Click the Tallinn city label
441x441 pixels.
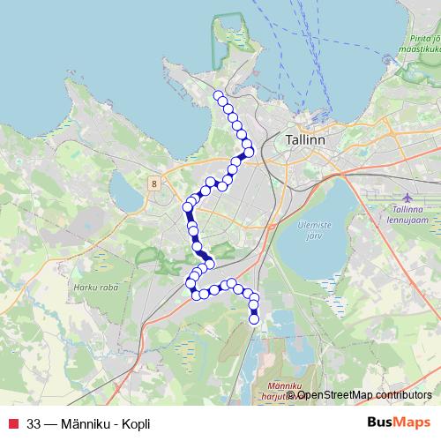(307, 140)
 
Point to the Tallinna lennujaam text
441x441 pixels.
(410, 214)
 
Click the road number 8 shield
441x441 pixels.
(154, 183)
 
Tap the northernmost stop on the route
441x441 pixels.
(218, 95)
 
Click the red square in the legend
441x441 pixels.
(13, 423)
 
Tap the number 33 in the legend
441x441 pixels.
(34, 423)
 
